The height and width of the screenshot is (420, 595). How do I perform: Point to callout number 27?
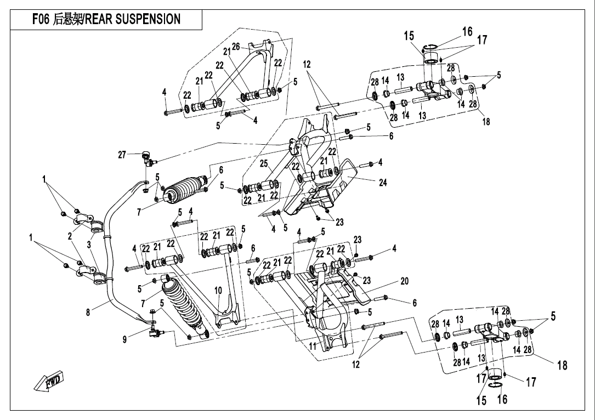pos(122,155)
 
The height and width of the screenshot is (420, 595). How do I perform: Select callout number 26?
pos(236,47)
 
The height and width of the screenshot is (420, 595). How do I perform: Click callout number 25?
pos(264,164)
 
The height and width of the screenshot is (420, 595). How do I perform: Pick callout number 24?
pos(383,183)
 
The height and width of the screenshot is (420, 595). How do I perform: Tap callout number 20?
pos(405,281)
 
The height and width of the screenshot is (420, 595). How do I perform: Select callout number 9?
pos(127,340)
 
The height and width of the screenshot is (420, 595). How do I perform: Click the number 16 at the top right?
pos(467,31)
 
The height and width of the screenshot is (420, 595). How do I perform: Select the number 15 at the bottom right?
pos(481,401)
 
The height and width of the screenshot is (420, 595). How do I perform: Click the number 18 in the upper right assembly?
pos(486,122)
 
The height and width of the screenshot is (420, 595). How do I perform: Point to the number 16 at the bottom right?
pos(502,400)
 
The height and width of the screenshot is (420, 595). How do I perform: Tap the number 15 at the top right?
pos(409,36)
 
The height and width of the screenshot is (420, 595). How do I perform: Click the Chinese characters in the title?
pos(67,19)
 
